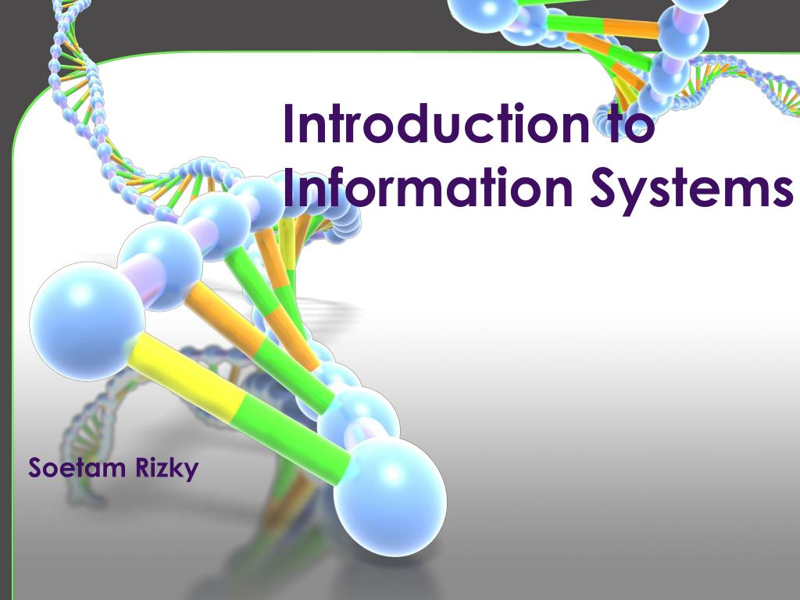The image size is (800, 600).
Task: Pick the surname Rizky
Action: [167, 470]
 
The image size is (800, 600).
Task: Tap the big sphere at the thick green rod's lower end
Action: [390, 496]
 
